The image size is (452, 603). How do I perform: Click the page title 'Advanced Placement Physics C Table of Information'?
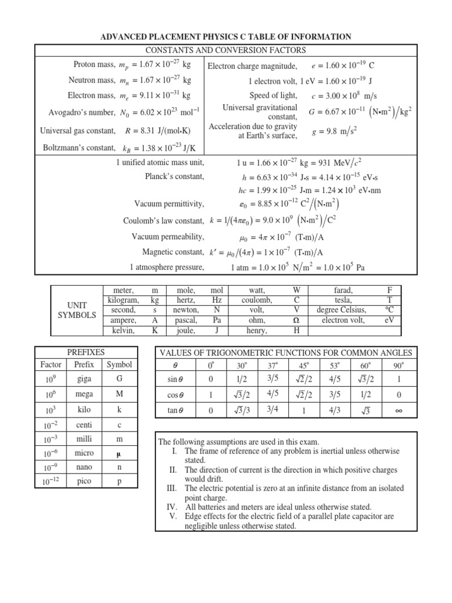(226, 37)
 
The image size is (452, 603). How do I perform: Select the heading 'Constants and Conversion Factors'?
(226, 50)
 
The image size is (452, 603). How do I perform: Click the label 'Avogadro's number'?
(82, 112)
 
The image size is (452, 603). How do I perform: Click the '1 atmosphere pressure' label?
(167, 267)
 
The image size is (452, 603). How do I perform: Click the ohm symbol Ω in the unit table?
(297, 321)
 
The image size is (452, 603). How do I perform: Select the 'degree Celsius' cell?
(341, 310)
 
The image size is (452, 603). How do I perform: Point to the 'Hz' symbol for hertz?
(217, 300)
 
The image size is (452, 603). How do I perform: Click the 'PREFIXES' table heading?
(87, 352)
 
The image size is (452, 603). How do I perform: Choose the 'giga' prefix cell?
(84, 379)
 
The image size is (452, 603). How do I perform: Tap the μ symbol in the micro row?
(119, 453)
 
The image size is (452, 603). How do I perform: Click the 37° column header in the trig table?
(255, 365)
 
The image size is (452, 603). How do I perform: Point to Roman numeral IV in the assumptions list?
(172, 506)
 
